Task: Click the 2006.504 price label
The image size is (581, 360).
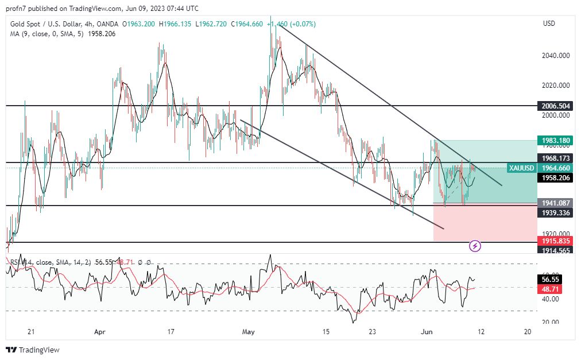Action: [x=555, y=106]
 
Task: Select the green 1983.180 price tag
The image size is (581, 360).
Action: [x=555, y=141]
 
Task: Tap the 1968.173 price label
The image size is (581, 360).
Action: [x=555, y=158]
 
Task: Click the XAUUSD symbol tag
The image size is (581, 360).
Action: [x=521, y=168]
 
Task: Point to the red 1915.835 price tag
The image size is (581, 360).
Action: [x=555, y=241]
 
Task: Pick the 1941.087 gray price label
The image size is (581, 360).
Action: [x=555, y=203]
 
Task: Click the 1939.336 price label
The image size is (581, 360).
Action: [x=555, y=213]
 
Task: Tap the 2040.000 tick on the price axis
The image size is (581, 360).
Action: [x=555, y=56]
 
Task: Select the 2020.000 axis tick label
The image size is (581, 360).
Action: [x=555, y=86]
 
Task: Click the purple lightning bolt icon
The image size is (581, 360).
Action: [x=475, y=246]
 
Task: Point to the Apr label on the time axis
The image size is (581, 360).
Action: [x=100, y=332]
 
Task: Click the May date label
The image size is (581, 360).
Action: [x=248, y=332]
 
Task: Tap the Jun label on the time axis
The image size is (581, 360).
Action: [x=427, y=332]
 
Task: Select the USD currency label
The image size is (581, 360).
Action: [x=549, y=24]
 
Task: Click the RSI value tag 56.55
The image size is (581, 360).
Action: [x=555, y=280]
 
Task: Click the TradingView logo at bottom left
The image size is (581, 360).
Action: [x=33, y=350]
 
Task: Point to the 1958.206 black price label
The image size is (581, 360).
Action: [x=555, y=179]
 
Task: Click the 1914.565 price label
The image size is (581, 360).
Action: [x=555, y=250]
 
